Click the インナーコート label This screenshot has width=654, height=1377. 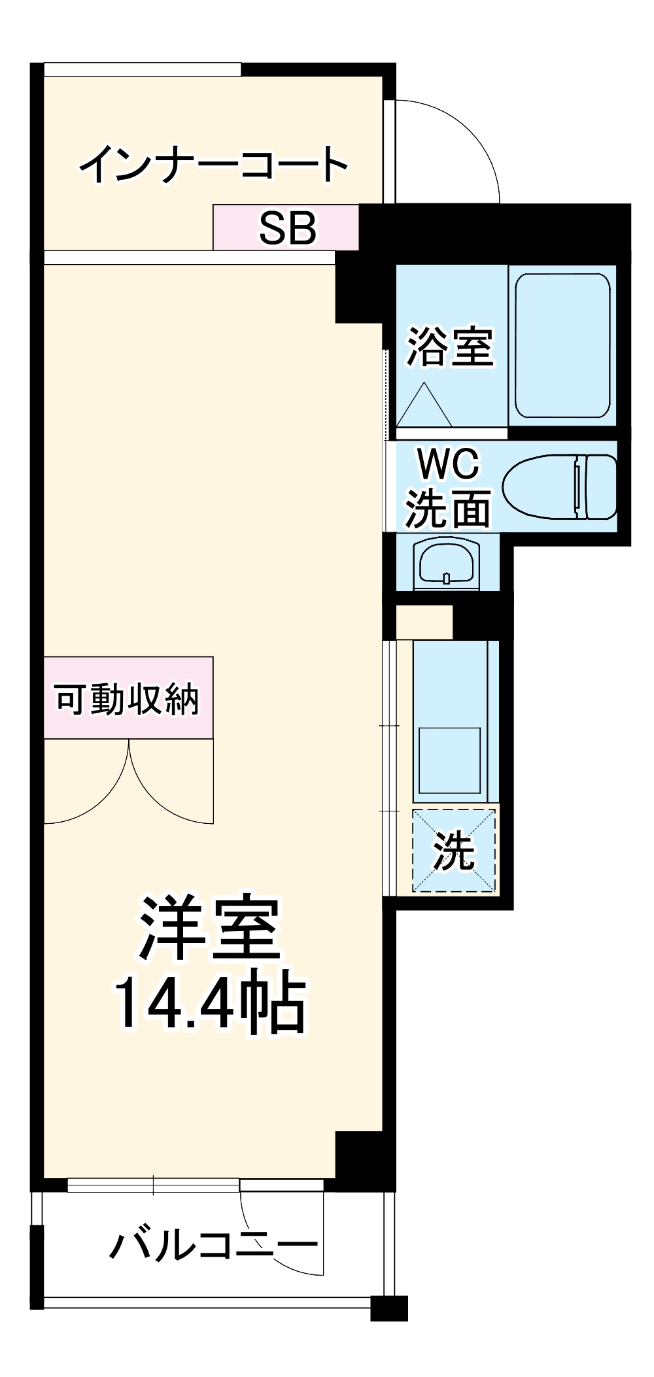(x=213, y=164)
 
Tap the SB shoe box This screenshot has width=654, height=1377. (x=286, y=228)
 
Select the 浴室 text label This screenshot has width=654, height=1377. (x=450, y=347)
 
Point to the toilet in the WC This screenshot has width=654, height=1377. (x=560, y=487)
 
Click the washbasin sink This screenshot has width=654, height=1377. (x=447, y=562)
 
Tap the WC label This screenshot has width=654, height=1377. (x=449, y=463)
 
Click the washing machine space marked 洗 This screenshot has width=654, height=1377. (x=454, y=850)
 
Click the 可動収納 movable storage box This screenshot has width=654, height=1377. (x=128, y=698)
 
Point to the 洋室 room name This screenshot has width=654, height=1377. (x=209, y=928)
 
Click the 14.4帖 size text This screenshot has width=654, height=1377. (x=209, y=1004)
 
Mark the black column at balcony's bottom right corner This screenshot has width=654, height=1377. (x=389, y=1308)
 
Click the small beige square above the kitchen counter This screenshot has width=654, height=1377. (x=424, y=622)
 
